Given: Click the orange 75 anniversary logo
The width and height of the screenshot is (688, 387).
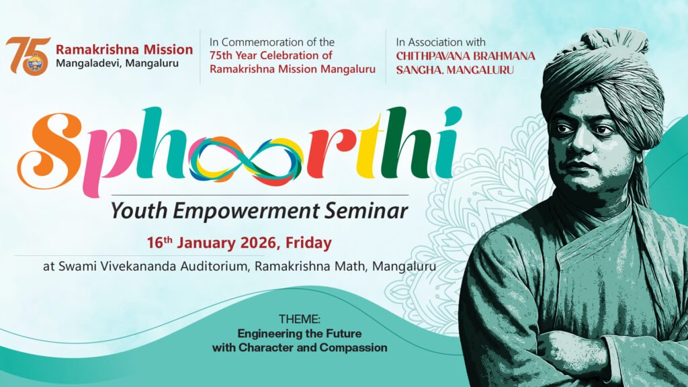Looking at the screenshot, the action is click(x=28, y=56).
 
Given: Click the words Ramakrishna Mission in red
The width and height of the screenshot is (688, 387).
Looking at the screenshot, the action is click(x=124, y=50).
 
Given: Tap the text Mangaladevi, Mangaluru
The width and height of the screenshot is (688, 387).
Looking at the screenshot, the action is click(x=117, y=64).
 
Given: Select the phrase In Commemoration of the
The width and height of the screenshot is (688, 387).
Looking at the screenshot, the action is click(x=272, y=42).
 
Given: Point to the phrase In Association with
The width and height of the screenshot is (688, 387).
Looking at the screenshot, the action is click(x=441, y=42).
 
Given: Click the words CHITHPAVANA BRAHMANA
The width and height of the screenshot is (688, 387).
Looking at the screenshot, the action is click(x=466, y=56).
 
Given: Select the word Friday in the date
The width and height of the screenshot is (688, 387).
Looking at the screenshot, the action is click(x=308, y=243).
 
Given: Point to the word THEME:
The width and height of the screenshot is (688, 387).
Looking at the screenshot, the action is click(x=300, y=319).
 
